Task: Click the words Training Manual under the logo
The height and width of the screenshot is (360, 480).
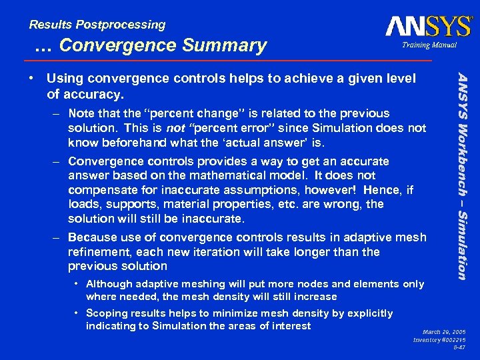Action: click(x=429, y=45)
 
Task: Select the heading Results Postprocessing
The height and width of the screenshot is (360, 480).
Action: click(x=97, y=25)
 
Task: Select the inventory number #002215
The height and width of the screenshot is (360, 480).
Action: click(x=457, y=340)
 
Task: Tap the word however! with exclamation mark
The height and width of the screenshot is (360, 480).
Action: click(x=310, y=190)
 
